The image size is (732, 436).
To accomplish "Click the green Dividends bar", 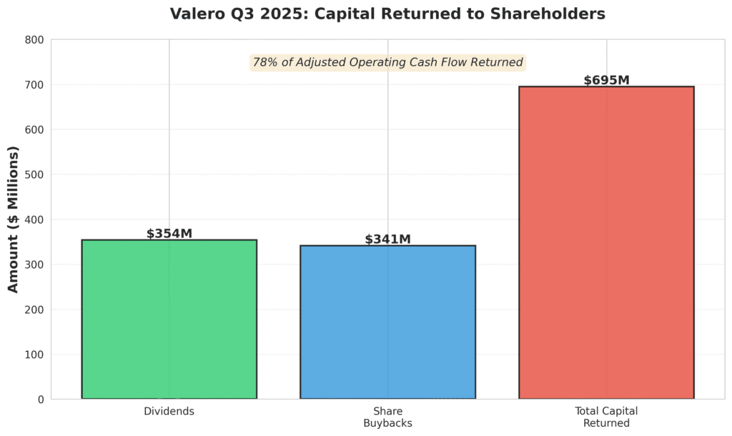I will click(x=169, y=319).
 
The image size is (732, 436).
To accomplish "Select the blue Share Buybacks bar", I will click(x=387, y=322).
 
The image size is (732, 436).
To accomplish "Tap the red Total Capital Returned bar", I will click(x=606, y=242).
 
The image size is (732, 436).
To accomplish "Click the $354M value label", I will click(x=169, y=234).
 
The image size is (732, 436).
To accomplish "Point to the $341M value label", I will click(x=387, y=239).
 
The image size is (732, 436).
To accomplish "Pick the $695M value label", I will click(x=606, y=80).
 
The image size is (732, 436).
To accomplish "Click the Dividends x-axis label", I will click(x=169, y=412).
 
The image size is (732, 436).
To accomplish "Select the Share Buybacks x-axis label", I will click(x=387, y=417).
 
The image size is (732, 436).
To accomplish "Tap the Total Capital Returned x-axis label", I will click(x=606, y=417).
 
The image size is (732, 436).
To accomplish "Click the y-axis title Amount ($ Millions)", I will click(x=14, y=219).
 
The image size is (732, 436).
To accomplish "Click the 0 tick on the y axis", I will click(x=40, y=400).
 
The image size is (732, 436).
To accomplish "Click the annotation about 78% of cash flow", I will click(x=387, y=63).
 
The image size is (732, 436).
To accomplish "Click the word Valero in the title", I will click(x=194, y=14).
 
